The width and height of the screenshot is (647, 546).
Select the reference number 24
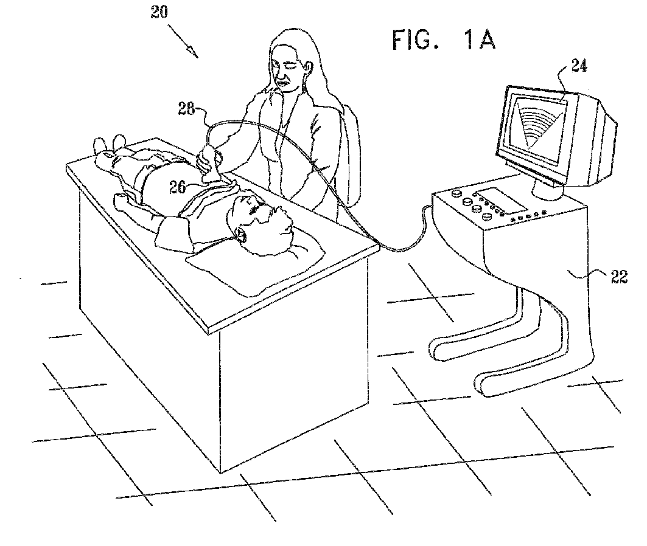click(579, 66)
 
